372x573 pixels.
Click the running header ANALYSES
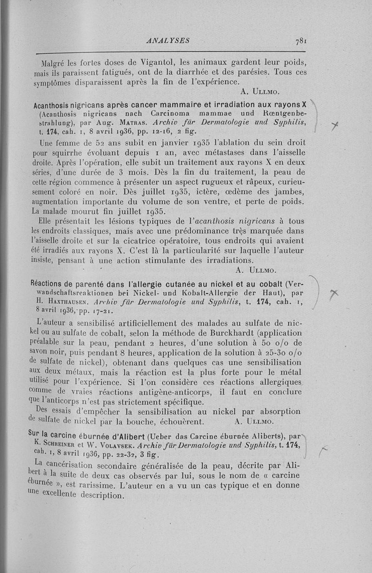(x=168, y=40)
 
